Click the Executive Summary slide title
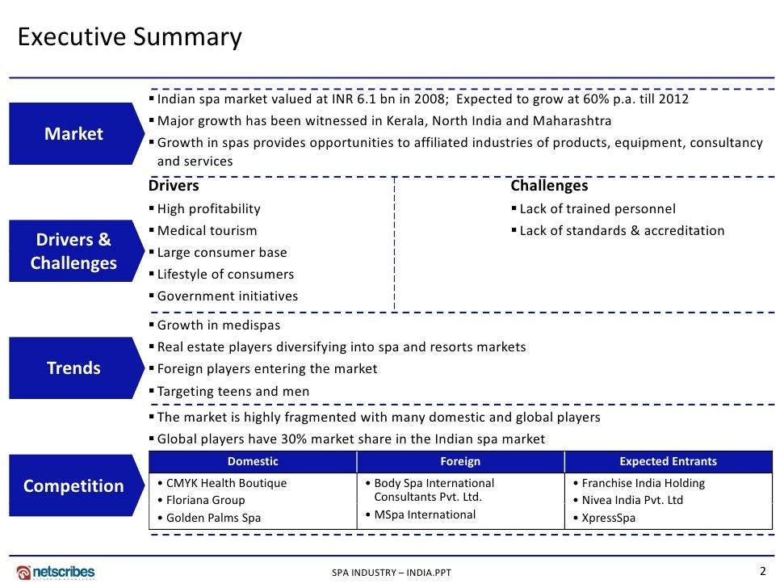point(129,37)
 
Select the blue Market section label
point(73,134)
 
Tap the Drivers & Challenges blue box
point(73,251)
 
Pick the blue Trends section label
point(73,368)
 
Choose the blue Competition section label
point(73,486)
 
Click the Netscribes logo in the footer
point(56,572)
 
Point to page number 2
point(763,571)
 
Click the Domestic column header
point(253,462)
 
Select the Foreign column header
point(460,462)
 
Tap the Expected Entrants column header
point(668,462)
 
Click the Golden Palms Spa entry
point(213,518)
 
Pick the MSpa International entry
point(425,514)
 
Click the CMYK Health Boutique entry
point(222,483)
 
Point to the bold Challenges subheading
point(549,187)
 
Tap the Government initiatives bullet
point(227,296)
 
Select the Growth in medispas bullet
point(219,325)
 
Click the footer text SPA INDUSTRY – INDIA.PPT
point(392,573)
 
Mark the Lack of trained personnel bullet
point(597,209)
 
